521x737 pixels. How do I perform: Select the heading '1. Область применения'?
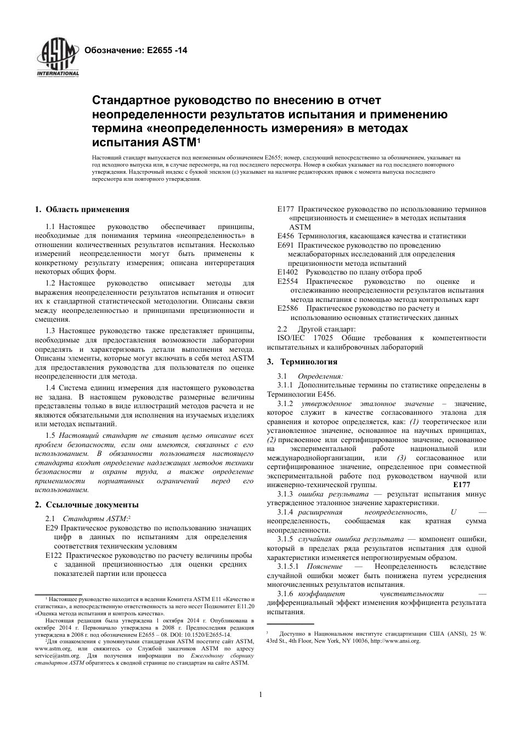pyautogui.click(x=82, y=209)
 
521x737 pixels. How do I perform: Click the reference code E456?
pyautogui.click(x=286, y=236)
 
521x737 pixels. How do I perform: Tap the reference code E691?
pyautogui.click(x=286, y=245)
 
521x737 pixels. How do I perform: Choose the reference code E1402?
pyautogui.click(x=288, y=272)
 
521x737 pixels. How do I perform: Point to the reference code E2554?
pyautogui.click(x=288, y=281)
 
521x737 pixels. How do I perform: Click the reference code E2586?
pyautogui.click(x=288, y=308)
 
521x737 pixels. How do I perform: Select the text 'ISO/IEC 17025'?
pyautogui.click(x=293, y=338)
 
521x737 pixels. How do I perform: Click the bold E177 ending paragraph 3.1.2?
pyautogui.click(x=462, y=485)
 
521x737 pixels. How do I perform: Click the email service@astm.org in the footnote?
pyautogui.click(x=50, y=655)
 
